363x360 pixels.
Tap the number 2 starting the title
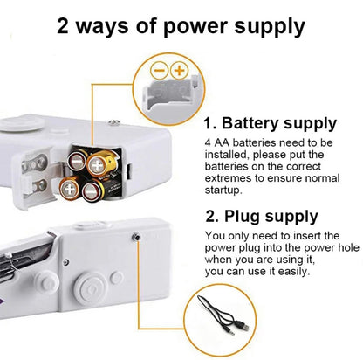click(x=63, y=25)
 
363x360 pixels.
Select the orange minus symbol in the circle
click(x=159, y=70)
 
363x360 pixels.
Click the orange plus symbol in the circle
click(x=179, y=70)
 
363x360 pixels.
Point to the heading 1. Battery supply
click(x=270, y=123)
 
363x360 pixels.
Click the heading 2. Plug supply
click(x=262, y=217)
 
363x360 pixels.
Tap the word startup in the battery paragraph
click(x=223, y=190)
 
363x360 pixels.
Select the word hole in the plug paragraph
click(x=348, y=247)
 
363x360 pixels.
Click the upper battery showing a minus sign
click(x=76, y=160)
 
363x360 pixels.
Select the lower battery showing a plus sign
click(x=69, y=190)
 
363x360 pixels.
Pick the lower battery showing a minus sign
click(x=92, y=191)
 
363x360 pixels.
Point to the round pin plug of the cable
click(x=229, y=330)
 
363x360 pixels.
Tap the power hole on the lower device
click(x=136, y=237)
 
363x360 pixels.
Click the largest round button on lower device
click(x=91, y=287)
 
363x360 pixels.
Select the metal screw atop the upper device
click(x=113, y=122)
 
